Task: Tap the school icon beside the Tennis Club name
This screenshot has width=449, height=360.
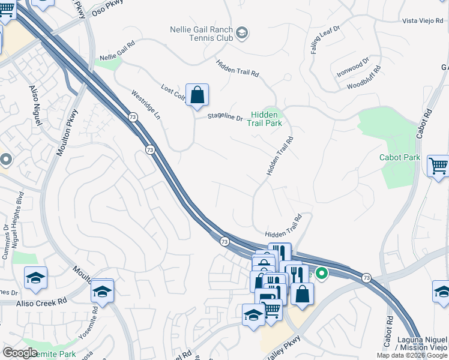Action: pos(243,32)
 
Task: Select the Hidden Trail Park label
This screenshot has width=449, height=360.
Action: pos(265,119)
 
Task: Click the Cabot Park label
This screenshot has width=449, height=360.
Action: pos(400,158)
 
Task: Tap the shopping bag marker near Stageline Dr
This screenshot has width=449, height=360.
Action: pos(197,95)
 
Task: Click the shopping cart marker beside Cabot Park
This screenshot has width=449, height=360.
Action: pos(439,165)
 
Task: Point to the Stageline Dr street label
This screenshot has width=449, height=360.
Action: pos(225,118)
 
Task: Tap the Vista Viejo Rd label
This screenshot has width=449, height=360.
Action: pos(424,21)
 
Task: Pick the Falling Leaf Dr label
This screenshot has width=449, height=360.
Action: pos(325,40)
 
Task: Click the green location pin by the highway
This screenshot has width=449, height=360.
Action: pos(322,274)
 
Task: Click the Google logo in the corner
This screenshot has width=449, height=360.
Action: pos(20,353)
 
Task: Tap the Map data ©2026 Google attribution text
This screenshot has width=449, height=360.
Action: pos(412,356)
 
